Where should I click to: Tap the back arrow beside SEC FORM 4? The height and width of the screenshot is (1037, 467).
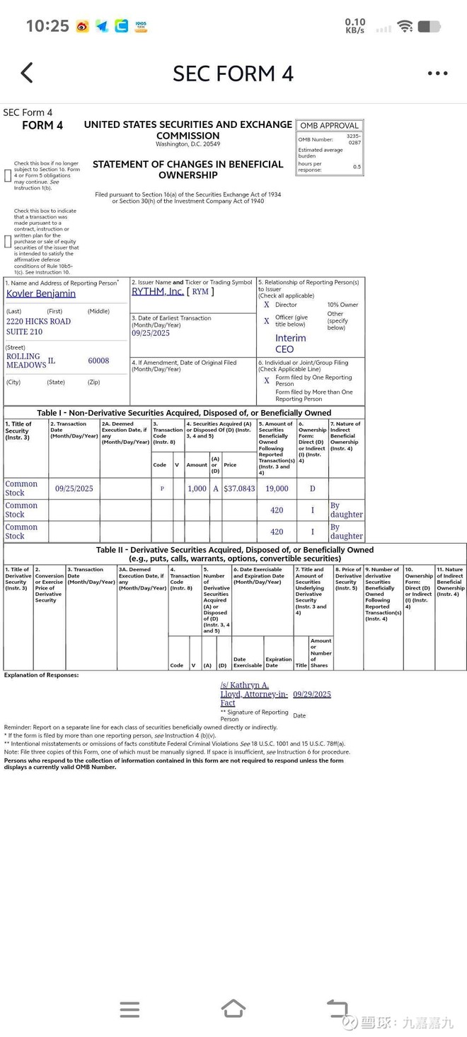(27, 73)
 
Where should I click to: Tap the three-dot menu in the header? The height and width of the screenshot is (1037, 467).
(437, 74)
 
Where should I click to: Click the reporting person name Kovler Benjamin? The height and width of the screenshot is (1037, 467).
(41, 293)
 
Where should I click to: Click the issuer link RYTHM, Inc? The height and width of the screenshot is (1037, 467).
(158, 291)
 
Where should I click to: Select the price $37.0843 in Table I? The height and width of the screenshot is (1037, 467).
(239, 488)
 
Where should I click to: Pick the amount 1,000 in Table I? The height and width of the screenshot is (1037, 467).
(197, 488)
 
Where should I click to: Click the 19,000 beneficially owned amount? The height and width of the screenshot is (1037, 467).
(277, 488)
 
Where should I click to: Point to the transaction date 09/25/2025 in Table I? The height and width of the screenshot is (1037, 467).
(74, 488)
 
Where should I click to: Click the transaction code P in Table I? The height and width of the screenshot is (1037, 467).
(162, 488)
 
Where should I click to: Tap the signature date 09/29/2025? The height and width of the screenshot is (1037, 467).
(312, 694)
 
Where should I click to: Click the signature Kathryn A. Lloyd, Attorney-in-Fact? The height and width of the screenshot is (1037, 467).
(253, 694)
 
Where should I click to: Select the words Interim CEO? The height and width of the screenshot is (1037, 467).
(290, 344)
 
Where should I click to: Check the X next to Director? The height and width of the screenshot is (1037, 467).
(267, 305)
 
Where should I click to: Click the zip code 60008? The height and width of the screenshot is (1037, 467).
(98, 361)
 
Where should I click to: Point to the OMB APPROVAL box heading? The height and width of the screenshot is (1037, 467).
(329, 126)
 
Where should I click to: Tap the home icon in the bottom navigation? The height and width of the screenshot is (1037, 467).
(233, 1009)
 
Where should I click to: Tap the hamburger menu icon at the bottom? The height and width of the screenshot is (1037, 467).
(129, 1009)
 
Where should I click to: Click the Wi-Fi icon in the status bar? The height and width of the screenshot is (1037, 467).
(405, 26)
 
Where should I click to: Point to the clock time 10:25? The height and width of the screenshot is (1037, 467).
(47, 26)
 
